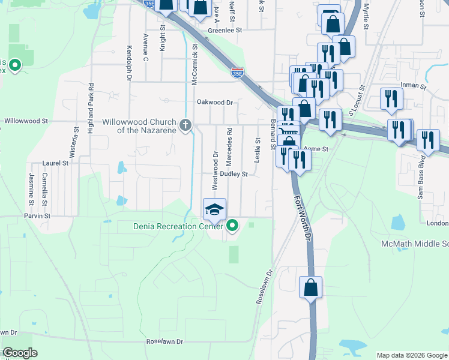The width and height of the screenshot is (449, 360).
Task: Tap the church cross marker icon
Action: [x=186, y=125]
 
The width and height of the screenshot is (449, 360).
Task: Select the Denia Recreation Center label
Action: [x=178, y=226]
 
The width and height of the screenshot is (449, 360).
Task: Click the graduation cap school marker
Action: [x=214, y=209]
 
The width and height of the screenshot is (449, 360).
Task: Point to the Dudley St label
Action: [x=234, y=174]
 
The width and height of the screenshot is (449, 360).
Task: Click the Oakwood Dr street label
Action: [x=214, y=102]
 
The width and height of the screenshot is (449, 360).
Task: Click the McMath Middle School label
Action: [x=415, y=244]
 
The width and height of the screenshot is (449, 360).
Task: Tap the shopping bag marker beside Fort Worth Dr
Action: [x=310, y=287]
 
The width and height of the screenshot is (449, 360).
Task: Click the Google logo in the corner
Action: [x=20, y=353]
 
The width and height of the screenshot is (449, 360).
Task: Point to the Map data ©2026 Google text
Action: [x=411, y=355]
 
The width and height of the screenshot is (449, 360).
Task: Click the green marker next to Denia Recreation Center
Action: [x=232, y=226]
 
